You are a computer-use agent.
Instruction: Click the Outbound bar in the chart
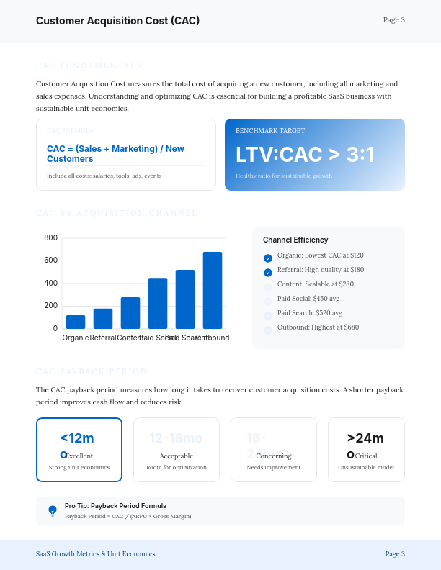(x=213, y=290)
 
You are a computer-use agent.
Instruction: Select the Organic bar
(x=76, y=322)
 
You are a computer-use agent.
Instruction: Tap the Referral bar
(x=103, y=318)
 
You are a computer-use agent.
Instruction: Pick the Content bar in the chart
(x=130, y=312)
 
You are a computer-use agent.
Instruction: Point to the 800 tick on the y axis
(x=50, y=237)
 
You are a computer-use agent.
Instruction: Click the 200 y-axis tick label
(x=50, y=306)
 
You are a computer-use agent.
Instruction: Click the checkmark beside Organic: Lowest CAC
(x=268, y=258)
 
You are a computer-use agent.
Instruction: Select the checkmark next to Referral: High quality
(x=268, y=273)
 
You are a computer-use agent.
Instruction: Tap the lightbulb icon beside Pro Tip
(x=53, y=510)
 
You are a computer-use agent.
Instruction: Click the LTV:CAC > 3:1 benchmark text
(x=305, y=155)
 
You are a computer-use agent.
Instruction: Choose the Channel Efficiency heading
(x=295, y=240)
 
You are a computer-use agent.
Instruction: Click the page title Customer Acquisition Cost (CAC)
(x=118, y=21)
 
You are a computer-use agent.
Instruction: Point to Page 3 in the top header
(x=394, y=20)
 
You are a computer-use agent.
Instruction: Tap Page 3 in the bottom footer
(x=395, y=554)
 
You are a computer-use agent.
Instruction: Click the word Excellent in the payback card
(x=80, y=456)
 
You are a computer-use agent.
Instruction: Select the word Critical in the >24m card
(x=366, y=456)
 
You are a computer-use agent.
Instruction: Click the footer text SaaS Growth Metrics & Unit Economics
(x=96, y=554)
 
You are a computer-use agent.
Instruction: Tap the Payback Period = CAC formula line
(x=128, y=516)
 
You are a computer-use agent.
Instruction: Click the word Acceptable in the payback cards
(x=177, y=456)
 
